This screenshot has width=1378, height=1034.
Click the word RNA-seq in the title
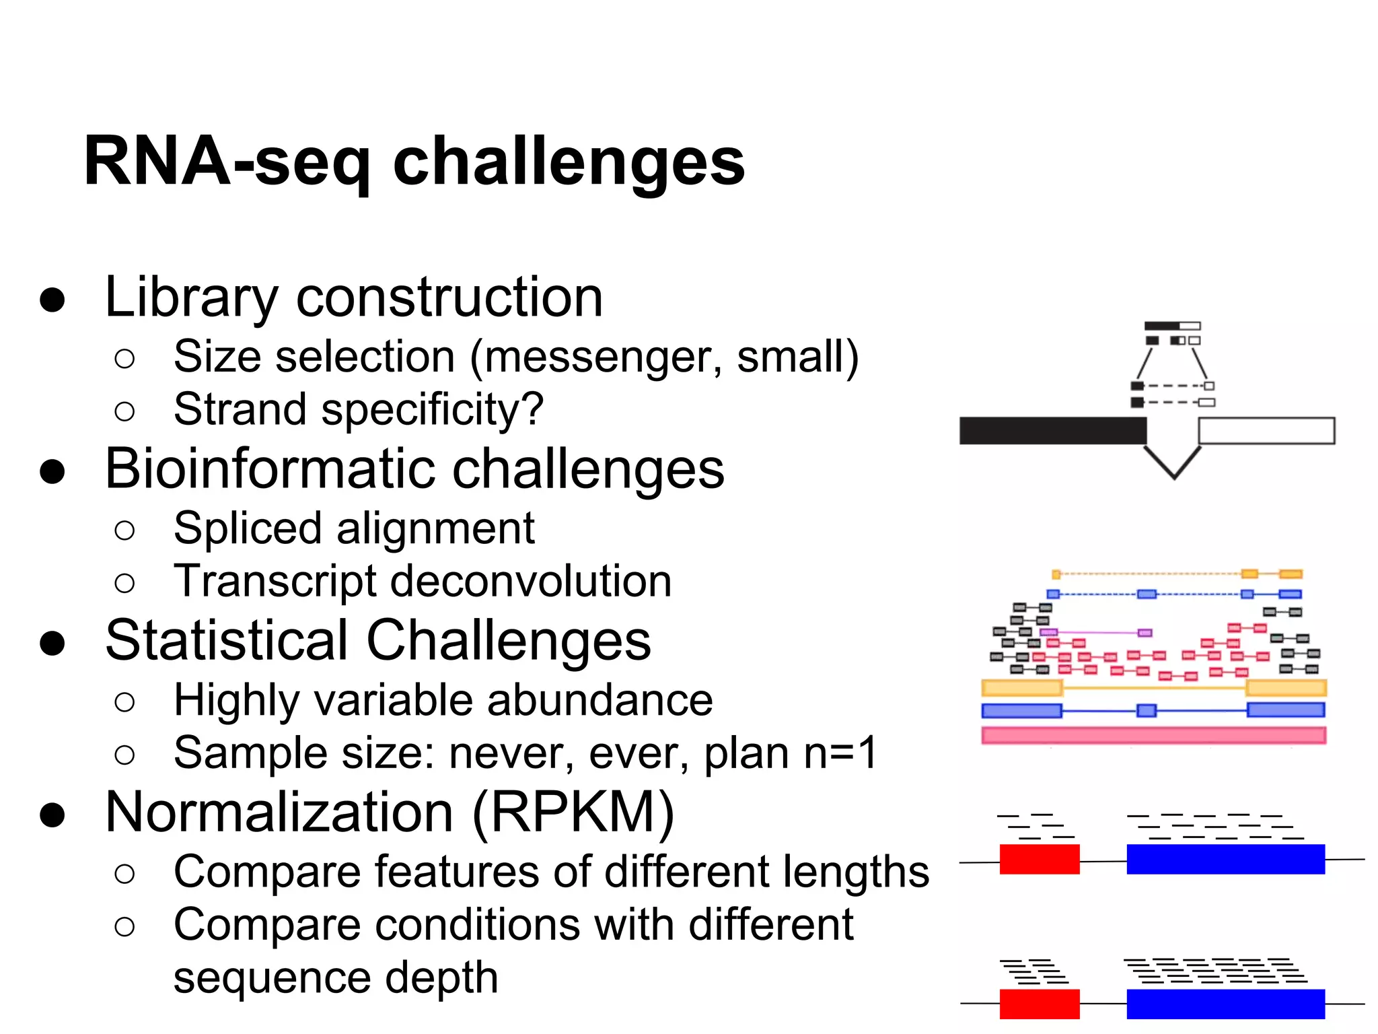pos(227,162)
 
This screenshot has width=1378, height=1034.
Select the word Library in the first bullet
pos(191,298)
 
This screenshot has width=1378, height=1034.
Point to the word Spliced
pos(248,528)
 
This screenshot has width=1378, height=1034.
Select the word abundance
pos(599,700)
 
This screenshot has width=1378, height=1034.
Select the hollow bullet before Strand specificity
pos(124,411)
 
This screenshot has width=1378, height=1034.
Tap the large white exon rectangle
pos(1266,431)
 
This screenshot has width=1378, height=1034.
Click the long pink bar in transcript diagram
pos(1153,735)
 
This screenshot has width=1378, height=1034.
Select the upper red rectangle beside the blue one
pos(1039,859)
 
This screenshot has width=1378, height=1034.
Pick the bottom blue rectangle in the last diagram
pos(1225,1004)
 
